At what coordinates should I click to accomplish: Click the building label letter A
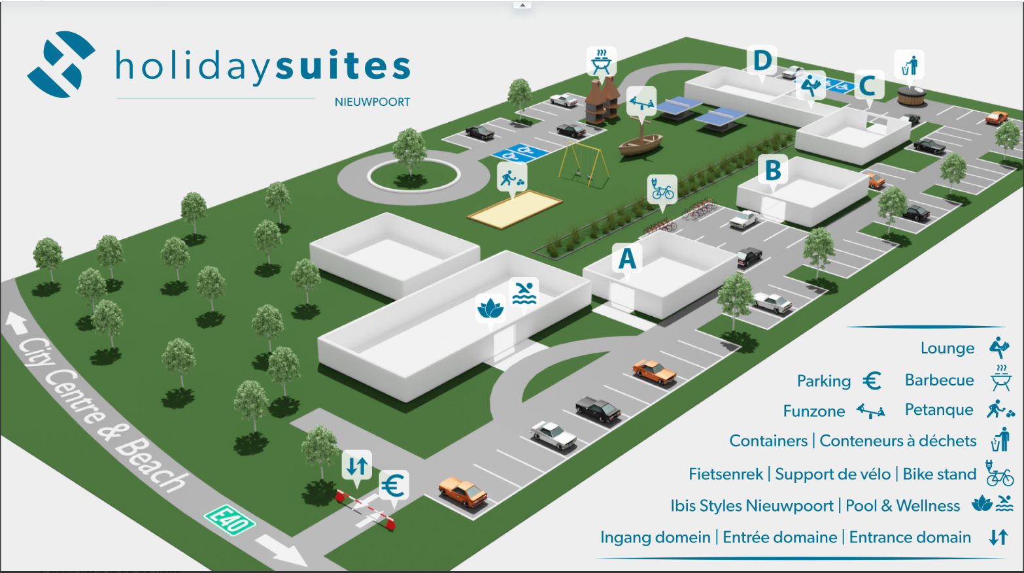click(x=626, y=259)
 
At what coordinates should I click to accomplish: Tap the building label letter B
click(x=773, y=171)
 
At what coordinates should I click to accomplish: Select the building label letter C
click(x=868, y=86)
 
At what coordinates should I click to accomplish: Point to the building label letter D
click(x=762, y=61)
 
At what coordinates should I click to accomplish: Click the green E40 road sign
click(x=230, y=520)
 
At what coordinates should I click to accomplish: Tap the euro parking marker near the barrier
click(x=393, y=485)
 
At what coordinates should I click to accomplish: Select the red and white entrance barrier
click(x=366, y=510)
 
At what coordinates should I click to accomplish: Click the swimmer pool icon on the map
click(x=524, y=293)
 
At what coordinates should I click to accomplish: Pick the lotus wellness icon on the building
click(x=490, y=309)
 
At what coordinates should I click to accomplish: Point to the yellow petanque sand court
click(x=515, y=210)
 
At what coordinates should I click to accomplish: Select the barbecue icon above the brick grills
click(x=601, y=61)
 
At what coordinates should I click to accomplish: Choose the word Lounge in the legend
click(x=947, y=348)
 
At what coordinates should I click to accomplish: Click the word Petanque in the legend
click(x=939, y=410)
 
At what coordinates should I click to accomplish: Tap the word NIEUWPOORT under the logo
click(x=372, y=102)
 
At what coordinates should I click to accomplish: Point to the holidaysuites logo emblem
click(x=61, y=64)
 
